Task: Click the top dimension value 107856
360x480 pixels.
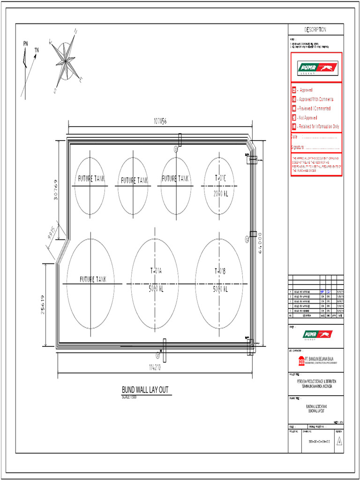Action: click(160, 121)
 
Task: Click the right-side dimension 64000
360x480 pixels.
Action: click(261, 244)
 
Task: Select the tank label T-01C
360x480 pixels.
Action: click(220, 178)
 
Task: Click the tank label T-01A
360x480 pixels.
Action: click(156, 270)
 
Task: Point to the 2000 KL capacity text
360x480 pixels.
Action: click(220, 193)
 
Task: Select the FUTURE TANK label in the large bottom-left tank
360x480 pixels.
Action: click(93, 279)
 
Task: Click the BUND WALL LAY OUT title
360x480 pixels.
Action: click(145, 390)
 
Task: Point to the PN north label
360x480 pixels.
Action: click(25, 44)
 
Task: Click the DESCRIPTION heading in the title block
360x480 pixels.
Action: click(315, 30)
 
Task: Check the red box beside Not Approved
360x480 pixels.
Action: click(294, 118)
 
